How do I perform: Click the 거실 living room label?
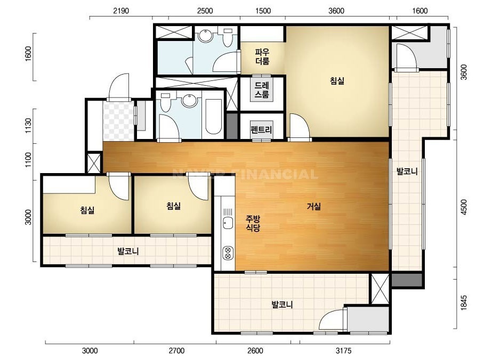(x=314, y=207)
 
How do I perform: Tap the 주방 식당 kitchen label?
(x=253, y=223)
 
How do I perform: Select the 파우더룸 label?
(x=262, y=56)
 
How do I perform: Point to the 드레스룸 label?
(x=262, y=89)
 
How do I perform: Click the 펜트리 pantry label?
(x=261, y=129)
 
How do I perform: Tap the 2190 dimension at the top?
(x=121, y=11)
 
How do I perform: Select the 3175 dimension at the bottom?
(x=344, y=350)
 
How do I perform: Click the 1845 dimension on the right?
(x=464, y=302)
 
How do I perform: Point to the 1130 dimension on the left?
(x=28, y=126)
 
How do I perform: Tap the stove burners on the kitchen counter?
(x=228, y=253)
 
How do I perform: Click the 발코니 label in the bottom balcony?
(x=282, y=305)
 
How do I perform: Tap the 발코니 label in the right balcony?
(x=407, y=171)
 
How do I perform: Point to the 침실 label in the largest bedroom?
(x=337, y=81)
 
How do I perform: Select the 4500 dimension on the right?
(x=464, y=207)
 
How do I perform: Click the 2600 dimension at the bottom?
(x=255, y=350)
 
